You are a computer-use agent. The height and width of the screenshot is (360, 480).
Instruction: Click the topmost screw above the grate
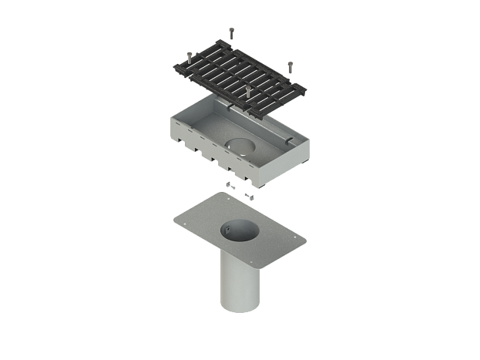click(x=231, y=32)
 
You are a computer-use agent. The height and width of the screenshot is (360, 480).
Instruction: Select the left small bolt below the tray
click(x=230, y=185)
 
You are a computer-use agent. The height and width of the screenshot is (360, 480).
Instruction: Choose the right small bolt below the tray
click(x=248, y=196)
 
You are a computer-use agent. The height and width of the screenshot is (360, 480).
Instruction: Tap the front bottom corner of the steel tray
click(x=264, y=187)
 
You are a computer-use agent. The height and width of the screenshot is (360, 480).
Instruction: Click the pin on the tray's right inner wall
click(x=287, y=140)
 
